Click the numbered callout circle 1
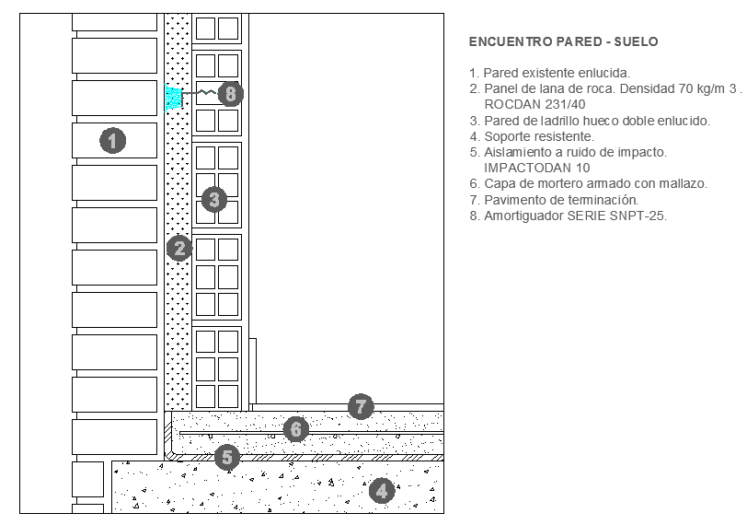click(112, 141)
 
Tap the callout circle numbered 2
click(179, 247)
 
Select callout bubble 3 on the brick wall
click(214, 199)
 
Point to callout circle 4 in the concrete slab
click(381, 490)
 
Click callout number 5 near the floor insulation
click(227, 456)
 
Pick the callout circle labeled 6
click(295, 428)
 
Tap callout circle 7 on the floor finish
click(361, 405)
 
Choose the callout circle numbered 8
click(231, 93)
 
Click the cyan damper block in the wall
click(173, 98)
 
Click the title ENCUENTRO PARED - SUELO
click(563, 42)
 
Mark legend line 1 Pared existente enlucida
click(549, 73)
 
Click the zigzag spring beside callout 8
click(205, 92)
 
